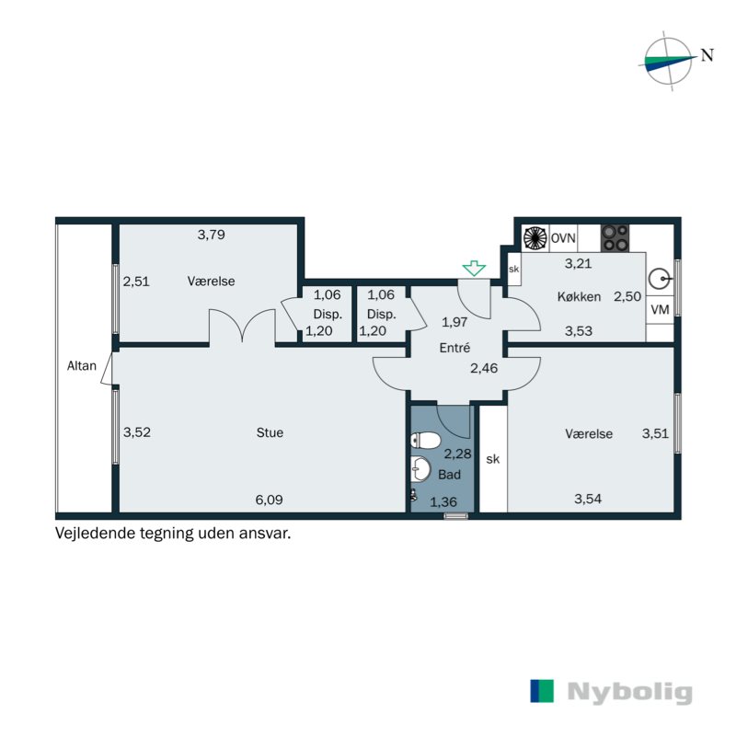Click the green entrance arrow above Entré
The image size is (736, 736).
(x=474, y=268)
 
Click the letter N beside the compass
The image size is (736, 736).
(x=707, y=54)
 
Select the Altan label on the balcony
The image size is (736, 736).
(x=81, y=366)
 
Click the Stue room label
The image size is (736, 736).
(x=270, y=432)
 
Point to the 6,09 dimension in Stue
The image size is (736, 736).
(x=269, y=500)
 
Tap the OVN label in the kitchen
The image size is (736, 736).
(x=563, y=237)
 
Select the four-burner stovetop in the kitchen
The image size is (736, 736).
(x=615, y=238)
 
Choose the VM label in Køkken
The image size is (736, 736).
(x=660, y=310)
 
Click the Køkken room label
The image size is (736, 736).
(x=579, y=296)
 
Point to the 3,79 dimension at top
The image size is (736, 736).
(x=212, y=235)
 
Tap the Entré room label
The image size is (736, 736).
(x=455, y=348)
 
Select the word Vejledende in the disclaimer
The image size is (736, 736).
(x=94, y=532)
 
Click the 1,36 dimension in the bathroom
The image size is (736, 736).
(x=443, y=501)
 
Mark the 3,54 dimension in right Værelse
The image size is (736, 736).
(x=589, y=500)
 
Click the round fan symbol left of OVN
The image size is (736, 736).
(x=535, y=238)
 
